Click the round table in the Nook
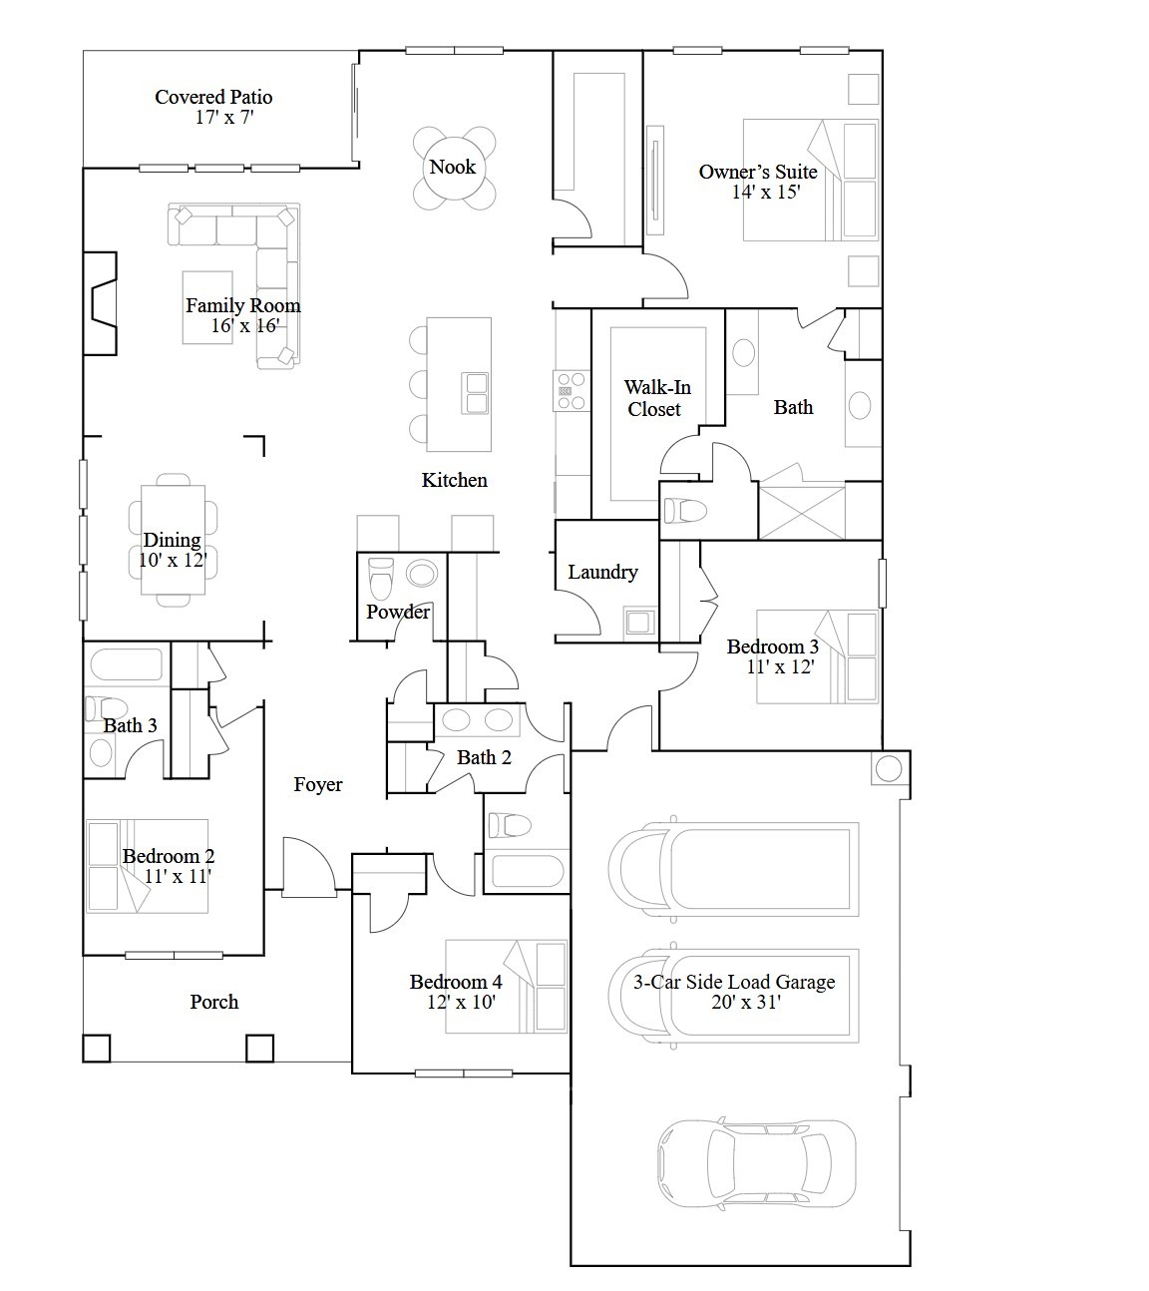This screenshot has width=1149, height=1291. click(453, 168)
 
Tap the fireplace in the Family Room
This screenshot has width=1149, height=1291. click(101, 303)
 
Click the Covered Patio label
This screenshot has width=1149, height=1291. click(213, 97)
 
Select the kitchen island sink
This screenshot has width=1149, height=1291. click(476, 392)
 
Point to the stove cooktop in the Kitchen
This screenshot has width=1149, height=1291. click(571, 385)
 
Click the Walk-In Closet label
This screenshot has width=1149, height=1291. click(655, 398)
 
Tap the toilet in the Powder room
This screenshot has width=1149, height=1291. click(381, 578)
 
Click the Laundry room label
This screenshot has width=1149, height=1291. click(602, 572)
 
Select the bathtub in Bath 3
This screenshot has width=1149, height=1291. click(126, 664)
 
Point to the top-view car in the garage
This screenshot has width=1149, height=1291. click(756, 1162)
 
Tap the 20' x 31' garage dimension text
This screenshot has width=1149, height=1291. click(746, 1003)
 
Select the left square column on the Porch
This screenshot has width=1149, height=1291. click(96, 1048)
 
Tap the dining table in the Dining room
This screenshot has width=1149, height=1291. click(173, 540)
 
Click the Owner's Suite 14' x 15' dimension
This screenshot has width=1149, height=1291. click(765, 193)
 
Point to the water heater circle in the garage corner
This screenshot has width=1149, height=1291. click(888, 768)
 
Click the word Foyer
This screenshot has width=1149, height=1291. click(318, 785)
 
